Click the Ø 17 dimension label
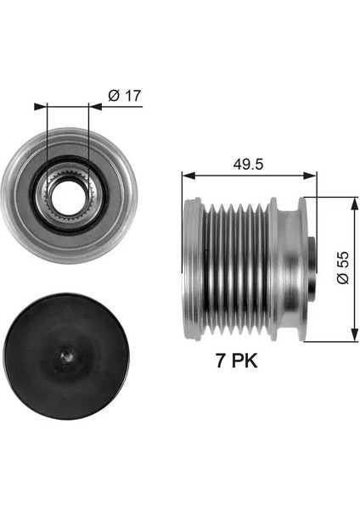[125, 95]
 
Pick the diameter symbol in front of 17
[114, 95]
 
